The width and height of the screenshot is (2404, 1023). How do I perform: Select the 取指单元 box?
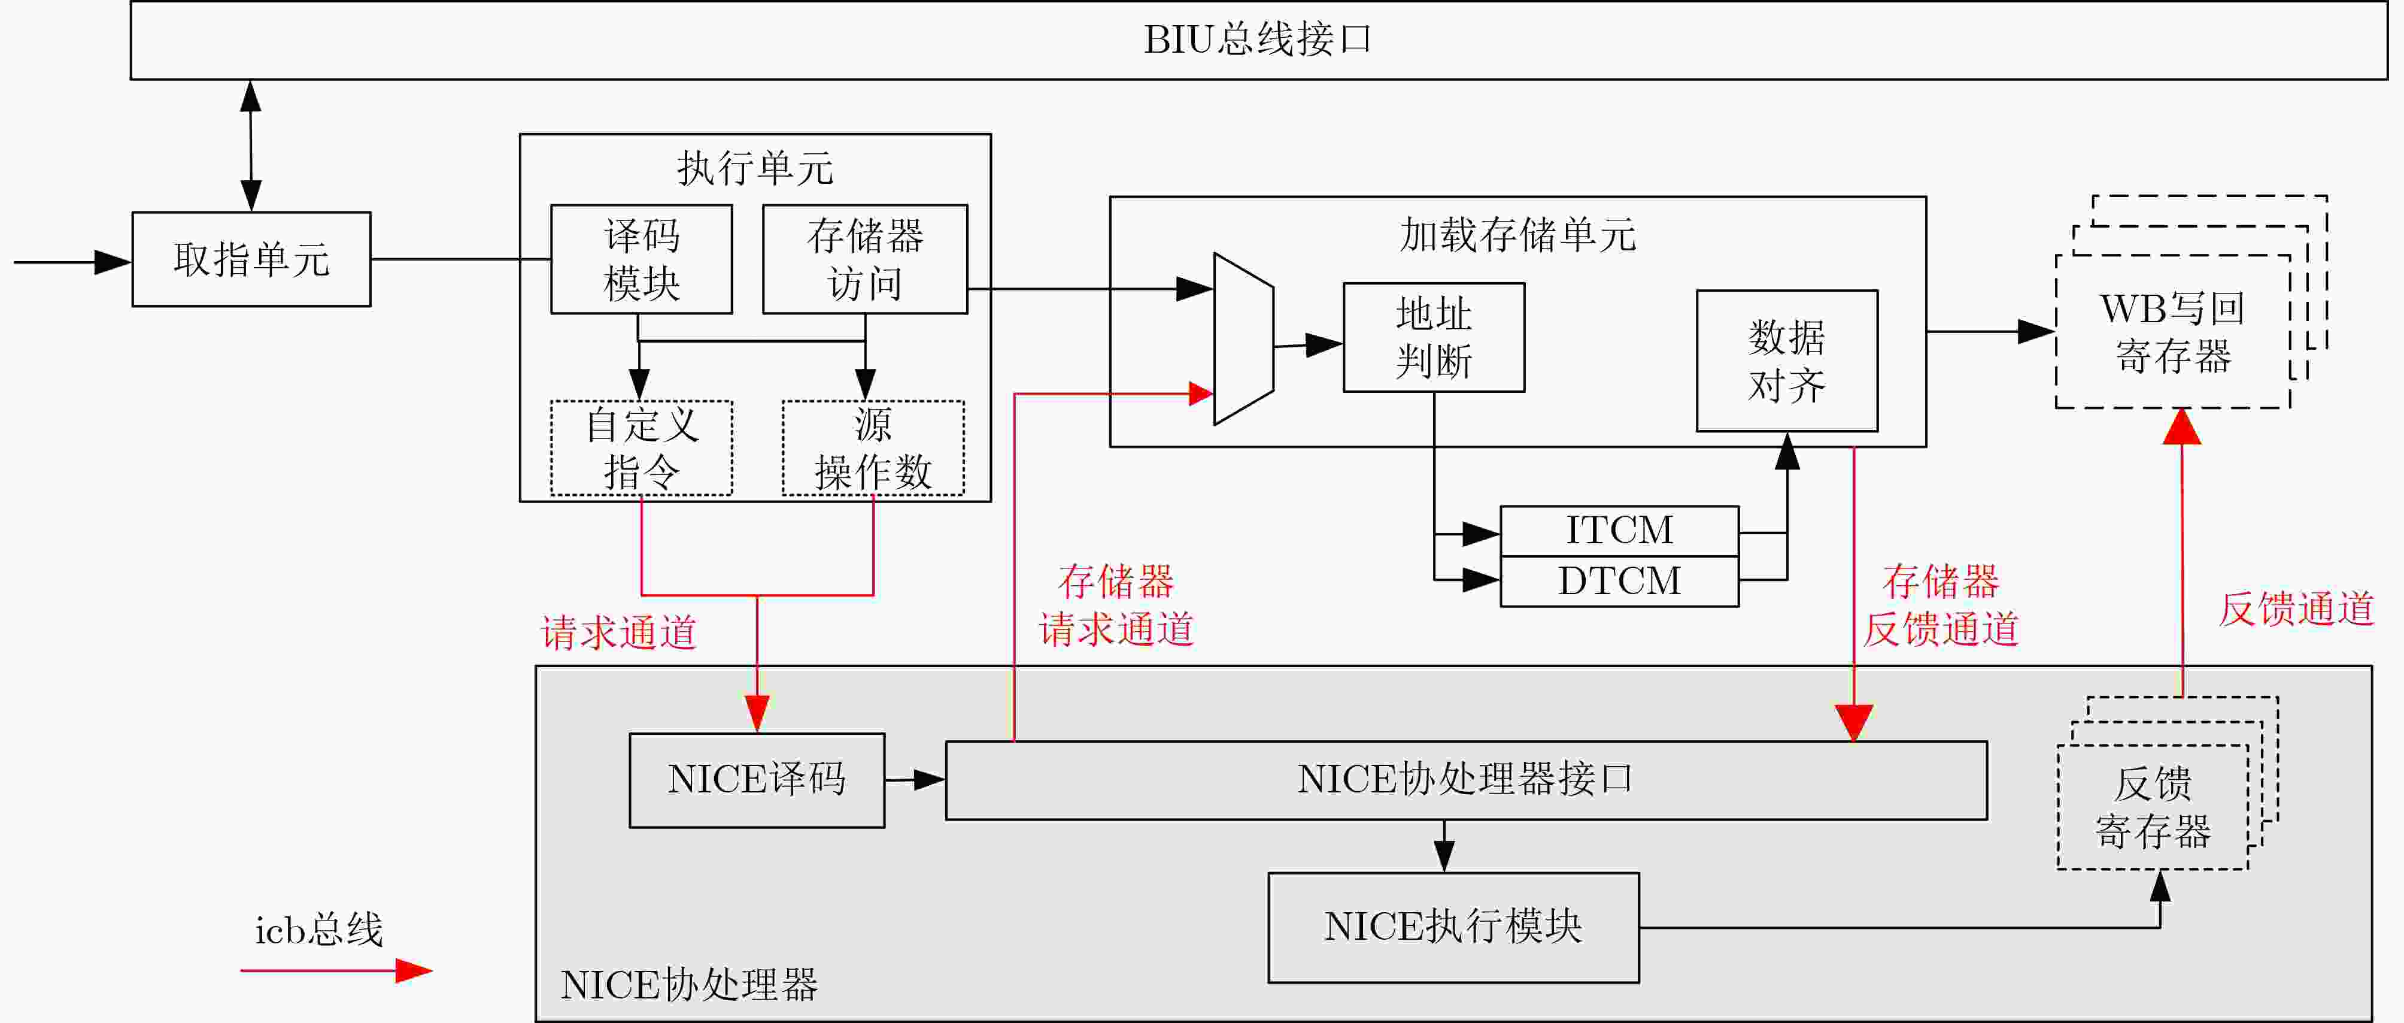coord(251,259)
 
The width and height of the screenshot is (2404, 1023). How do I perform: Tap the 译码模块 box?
coord(641,259)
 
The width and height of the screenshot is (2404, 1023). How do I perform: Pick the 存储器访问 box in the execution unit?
coord(865,259)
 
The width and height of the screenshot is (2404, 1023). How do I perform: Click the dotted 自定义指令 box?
coord(641,448)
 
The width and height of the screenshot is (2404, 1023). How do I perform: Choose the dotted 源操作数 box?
coord(873,448)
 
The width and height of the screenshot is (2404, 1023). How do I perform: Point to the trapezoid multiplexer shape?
coord(1243,339)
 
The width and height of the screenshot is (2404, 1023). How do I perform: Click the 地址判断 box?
coord(1434,337)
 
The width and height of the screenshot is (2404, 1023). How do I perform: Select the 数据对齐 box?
coord(1786,361)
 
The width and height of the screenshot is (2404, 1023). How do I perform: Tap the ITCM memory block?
coord(1619,531)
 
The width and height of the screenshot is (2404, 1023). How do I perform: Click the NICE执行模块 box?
coord(1453,927)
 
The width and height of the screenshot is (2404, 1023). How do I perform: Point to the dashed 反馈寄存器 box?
coord(2152,807)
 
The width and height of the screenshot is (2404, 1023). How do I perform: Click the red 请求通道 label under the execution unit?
coord(619,632)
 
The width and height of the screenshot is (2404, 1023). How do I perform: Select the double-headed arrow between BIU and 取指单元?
coord(250,146)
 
